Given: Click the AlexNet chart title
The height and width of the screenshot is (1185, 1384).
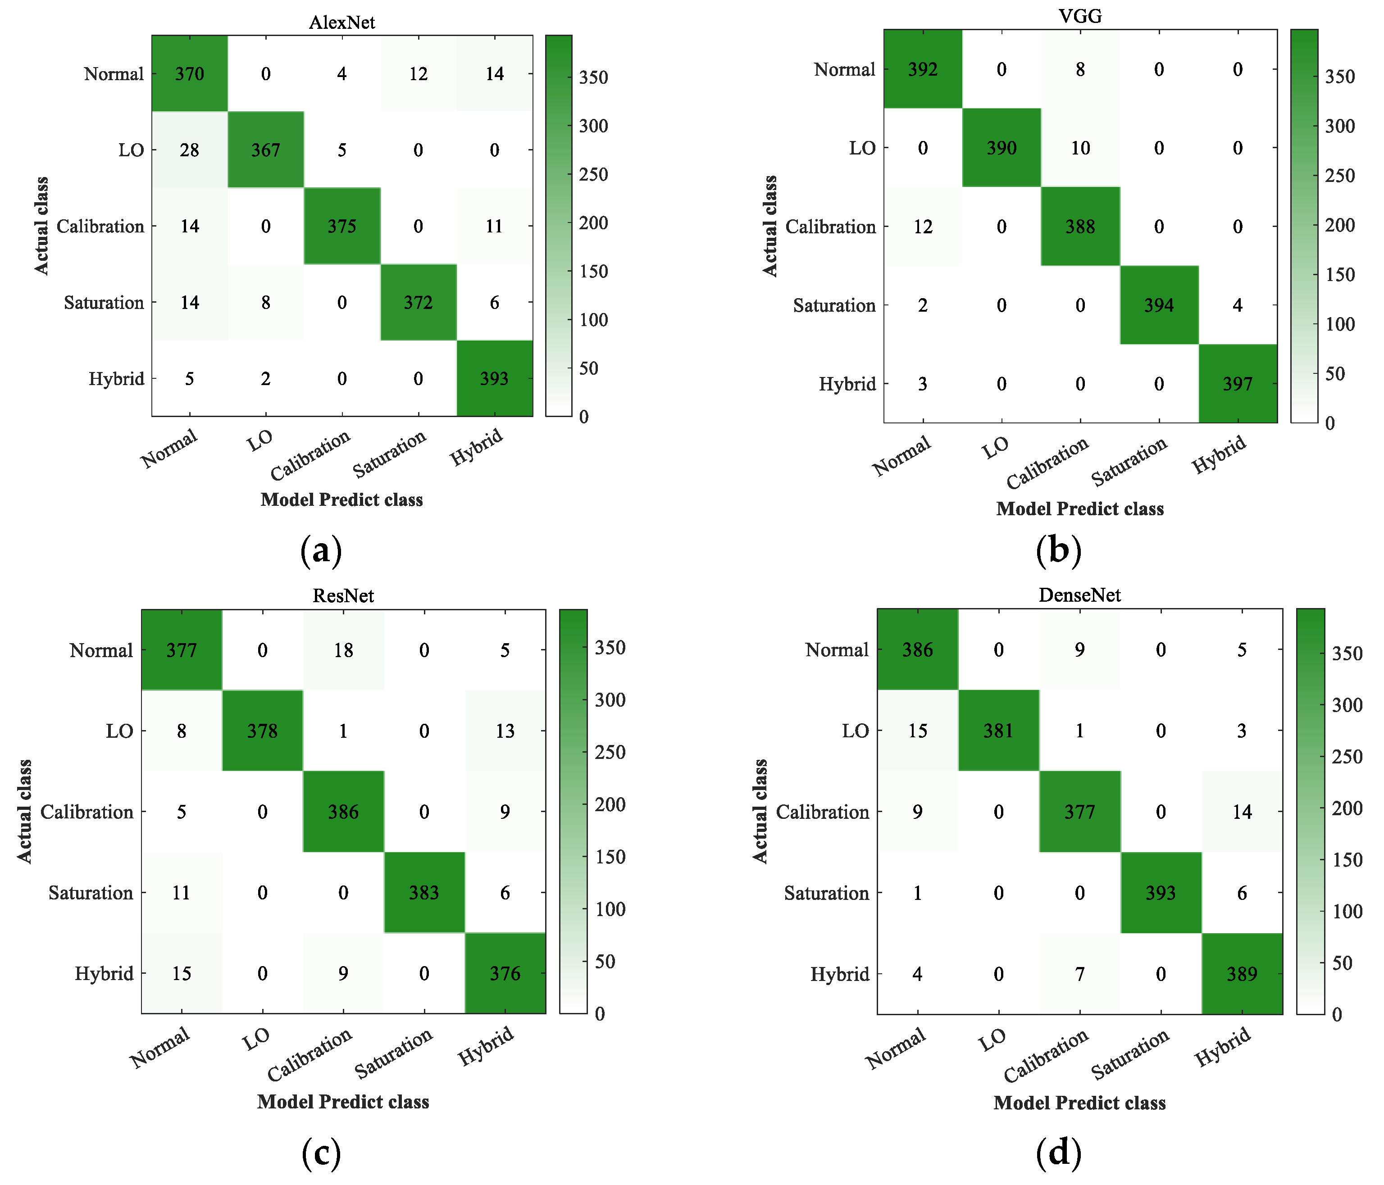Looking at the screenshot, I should [x=341, y=22].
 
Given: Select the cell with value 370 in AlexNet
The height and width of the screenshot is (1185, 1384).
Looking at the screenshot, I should [x=190, y=73].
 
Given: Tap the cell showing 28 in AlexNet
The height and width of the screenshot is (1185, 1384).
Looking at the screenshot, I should [x=190, y=150].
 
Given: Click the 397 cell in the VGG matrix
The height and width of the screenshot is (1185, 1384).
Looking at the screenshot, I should [x=1237, y=384].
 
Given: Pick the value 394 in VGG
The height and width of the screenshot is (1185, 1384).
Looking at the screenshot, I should [x=1158, y=305].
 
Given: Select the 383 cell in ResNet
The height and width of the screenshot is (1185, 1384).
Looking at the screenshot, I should [x=423, y=893].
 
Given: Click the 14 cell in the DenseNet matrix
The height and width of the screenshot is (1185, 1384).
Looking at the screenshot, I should [x=1242, y=812].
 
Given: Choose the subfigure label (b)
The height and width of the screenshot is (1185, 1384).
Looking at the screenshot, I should [x=1058, y=551].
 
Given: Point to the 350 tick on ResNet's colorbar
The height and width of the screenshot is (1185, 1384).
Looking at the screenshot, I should [x=610, y=648].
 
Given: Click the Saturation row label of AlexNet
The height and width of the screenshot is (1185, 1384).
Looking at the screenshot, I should [x=104, y=302].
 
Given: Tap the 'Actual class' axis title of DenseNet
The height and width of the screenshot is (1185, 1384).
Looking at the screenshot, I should [x=760, y=811].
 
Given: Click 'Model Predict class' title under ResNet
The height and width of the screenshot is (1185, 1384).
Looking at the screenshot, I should [x=343, y=1102].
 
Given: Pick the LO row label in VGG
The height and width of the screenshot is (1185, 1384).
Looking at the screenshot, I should [x=862, y=148].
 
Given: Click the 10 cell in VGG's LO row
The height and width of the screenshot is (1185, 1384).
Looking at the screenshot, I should [x=1080, y=148].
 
